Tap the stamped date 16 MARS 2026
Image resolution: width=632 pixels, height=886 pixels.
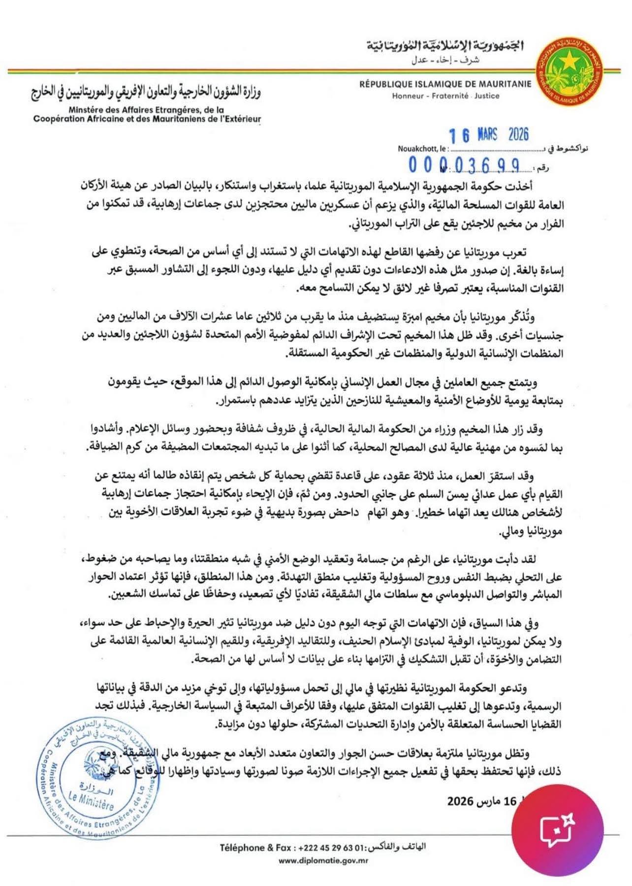pos(488,135)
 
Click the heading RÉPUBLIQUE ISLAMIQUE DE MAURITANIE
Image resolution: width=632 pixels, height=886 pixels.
pos(445,84)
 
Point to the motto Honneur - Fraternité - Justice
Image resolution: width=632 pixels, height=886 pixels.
pos(445,96)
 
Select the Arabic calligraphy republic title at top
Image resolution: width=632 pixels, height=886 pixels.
pos(445,46)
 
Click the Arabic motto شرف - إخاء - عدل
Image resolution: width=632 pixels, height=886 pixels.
pos(445,61)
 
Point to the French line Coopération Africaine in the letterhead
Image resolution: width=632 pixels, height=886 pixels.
pos(147,119)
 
